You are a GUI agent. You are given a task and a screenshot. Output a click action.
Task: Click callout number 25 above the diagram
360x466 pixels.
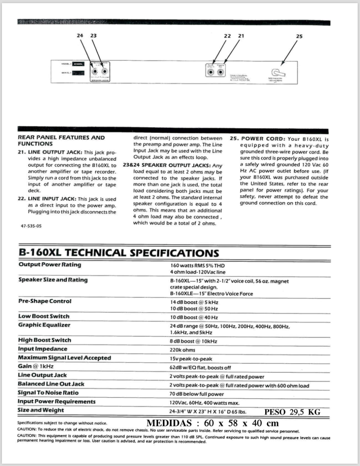[x=299, y=36]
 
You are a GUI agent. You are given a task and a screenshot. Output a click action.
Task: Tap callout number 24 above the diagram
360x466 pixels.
[x=80, y=35]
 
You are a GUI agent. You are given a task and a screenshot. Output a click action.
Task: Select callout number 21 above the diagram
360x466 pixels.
[x=241, y=36]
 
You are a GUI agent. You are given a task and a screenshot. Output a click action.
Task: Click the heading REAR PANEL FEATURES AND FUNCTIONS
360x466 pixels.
[x=61, y=141]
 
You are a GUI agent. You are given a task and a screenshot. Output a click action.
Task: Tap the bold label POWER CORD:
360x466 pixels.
[x=263, y=139]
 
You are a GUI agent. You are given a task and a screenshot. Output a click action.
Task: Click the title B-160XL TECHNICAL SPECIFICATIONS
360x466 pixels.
[x=118, y=253]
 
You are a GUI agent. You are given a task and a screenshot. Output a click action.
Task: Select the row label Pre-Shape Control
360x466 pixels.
[x=45, y=301]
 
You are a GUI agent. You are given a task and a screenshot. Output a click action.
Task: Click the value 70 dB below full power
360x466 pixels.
[x=197, y=394]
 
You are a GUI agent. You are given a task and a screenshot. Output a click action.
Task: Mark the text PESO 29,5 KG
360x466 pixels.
[x=292, y=412]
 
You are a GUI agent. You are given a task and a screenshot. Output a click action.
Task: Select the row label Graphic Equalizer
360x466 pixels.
[x=45, y=325]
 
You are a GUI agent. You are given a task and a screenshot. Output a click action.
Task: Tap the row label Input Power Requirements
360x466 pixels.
[x=57, y=402]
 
